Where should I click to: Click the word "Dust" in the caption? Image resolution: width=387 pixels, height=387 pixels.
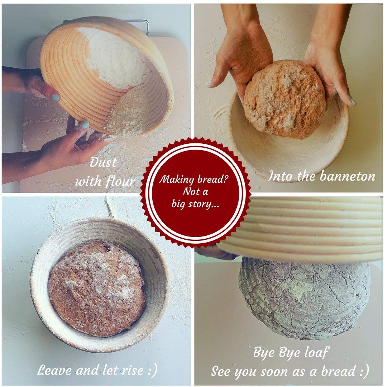pyautogui.click(x=103, y=163)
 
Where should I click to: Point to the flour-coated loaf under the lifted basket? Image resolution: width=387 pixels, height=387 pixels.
pyautogui.click(x=305, y=297)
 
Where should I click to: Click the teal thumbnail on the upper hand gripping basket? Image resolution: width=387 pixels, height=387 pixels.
pyautogui.click(x=55, y=97)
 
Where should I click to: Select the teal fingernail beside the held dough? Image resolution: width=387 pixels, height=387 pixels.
pyautogui.click(x=353, y=102)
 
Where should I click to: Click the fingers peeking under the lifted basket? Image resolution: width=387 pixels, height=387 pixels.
pyautogui.click(x=215, y=252)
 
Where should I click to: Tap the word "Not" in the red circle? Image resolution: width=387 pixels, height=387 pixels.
pyautogui.click(x=190, y=192)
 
